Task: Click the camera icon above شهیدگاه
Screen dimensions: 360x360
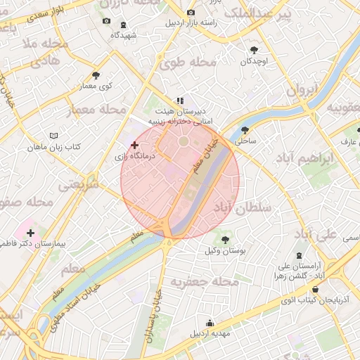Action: [106, 21]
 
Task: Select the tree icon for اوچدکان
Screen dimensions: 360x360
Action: [254, 50]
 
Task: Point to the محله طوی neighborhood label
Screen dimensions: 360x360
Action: [187, 63]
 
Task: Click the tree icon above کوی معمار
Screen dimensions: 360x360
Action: [96, 75]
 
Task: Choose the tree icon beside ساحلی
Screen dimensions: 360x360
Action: [245, 130]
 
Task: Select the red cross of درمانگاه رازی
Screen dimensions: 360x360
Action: [134, 145]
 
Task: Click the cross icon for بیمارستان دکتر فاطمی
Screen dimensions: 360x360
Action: [30, 232]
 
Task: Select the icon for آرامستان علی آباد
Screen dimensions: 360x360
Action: [301, 255]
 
